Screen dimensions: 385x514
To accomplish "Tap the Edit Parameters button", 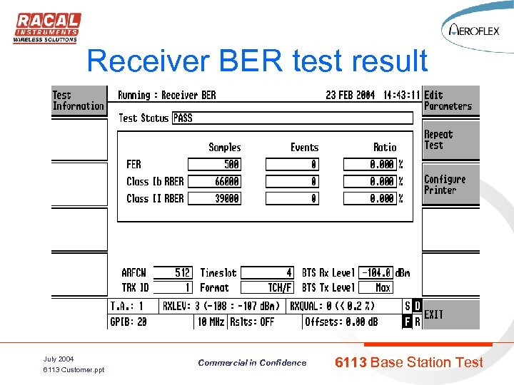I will click(450, 101).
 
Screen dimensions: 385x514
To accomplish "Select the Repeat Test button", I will click(450, 140).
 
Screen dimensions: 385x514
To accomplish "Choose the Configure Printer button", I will click(450, 185).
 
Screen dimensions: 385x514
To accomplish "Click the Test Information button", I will click(78, 101).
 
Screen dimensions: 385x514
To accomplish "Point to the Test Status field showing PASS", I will click(292, 118).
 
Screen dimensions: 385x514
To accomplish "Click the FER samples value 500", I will click(214, 164).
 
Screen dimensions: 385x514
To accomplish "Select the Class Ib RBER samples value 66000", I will click(214, 182).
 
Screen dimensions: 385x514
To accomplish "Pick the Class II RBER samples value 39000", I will click(214, 199).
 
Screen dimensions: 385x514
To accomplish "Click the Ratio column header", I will click(385, 148).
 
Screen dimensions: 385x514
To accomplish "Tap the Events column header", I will click(304, 148).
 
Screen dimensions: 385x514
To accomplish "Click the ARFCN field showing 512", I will click(174, 272).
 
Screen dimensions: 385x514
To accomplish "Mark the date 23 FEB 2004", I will click(350, 96).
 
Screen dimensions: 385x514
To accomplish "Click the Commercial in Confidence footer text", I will click(252, 363).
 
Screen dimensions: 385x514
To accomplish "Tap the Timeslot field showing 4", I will click(267, 272).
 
